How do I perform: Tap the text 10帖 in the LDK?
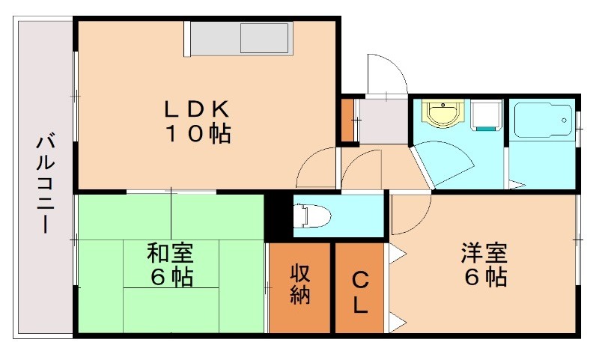197,135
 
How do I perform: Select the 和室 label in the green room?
171,252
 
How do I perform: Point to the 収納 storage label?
300,284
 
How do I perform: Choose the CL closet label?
360,292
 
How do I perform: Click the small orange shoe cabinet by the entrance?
347,119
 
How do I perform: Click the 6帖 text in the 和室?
171,278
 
